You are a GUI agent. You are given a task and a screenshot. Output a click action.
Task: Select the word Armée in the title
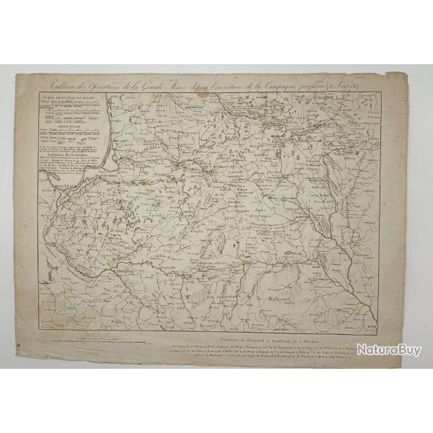pos(188,80)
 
